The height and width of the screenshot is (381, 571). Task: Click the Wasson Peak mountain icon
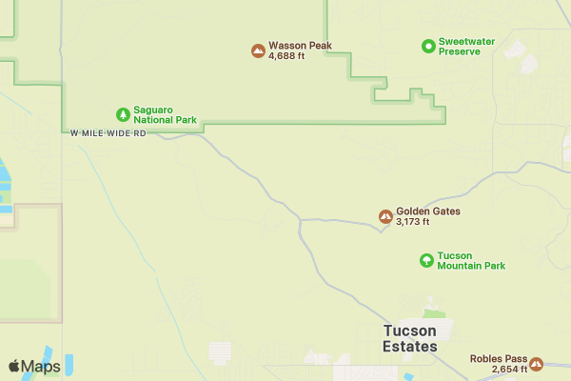(258, 50)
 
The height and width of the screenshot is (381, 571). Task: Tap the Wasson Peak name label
(300, 45)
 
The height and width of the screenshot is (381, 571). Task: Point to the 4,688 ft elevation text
(287, 56)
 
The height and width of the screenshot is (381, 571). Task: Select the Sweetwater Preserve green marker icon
(428, 45)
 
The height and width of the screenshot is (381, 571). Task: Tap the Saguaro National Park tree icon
(123, 114)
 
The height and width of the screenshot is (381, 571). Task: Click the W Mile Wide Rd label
(108, 133)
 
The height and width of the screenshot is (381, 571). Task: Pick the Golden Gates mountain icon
(385, 216)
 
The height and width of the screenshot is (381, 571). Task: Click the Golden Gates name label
(428, 211)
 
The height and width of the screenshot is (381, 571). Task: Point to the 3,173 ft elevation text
(413, 222)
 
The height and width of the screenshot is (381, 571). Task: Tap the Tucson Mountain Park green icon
(426, 260)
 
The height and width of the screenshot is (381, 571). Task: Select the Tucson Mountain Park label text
(471, 261)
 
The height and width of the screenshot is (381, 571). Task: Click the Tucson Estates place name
(410, 338)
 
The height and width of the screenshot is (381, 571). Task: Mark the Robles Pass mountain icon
(536, 363)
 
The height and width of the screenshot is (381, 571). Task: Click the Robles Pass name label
(498, 358)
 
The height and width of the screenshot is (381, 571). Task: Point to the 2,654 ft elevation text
(510, 369)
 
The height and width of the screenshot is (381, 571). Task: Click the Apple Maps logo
(34, 366)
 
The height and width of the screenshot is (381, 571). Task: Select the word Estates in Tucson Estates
(410, 347)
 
